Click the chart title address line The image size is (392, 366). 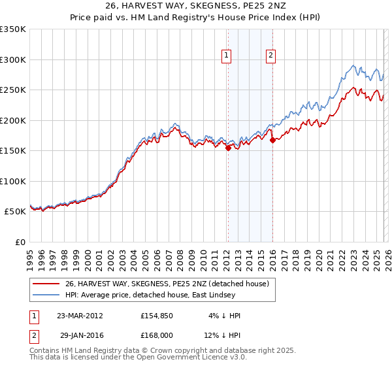[x=195, y=6]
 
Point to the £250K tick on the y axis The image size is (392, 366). [x=13, y=90]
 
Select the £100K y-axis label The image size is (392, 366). [x=13, y=182]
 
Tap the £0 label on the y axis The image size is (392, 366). [x=20, y=242]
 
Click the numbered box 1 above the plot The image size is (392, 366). [x=226, y=56]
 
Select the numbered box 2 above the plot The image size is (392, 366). [x=270, y=56]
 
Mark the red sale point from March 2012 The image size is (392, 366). [x=228, y=148]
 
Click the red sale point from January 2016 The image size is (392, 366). [x=272, y=140]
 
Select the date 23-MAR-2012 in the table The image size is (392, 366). [x=80, y=315]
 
